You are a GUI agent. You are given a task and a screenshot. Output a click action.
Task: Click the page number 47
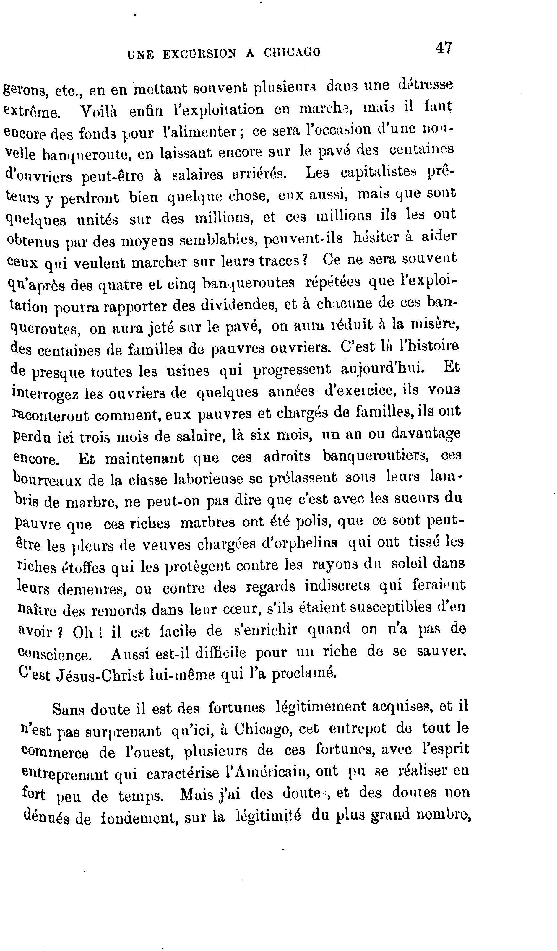coord(444,48)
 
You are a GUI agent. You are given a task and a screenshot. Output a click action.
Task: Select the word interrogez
coord(45,393)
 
